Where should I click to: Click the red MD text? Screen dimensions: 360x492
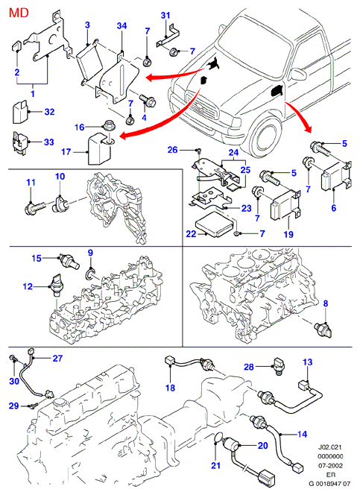(19, 13)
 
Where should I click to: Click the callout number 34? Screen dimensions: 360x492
(121, 25)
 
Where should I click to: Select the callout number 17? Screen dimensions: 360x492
(66, 152)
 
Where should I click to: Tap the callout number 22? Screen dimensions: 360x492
(191, 234)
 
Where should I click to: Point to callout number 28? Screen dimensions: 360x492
(249, 367)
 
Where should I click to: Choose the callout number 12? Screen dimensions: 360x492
(28, 286)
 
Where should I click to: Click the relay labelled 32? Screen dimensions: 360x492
(21, 112)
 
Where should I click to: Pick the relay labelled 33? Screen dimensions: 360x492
(20, 142)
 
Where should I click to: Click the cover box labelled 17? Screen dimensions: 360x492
(100, 148)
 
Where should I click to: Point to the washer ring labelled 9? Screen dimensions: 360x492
(90, 274)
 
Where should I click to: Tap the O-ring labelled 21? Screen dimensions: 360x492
(216, 438)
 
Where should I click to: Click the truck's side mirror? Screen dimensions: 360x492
(298, 74)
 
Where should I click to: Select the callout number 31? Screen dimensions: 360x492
(165, 15)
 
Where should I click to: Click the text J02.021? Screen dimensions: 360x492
(330, 447)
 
